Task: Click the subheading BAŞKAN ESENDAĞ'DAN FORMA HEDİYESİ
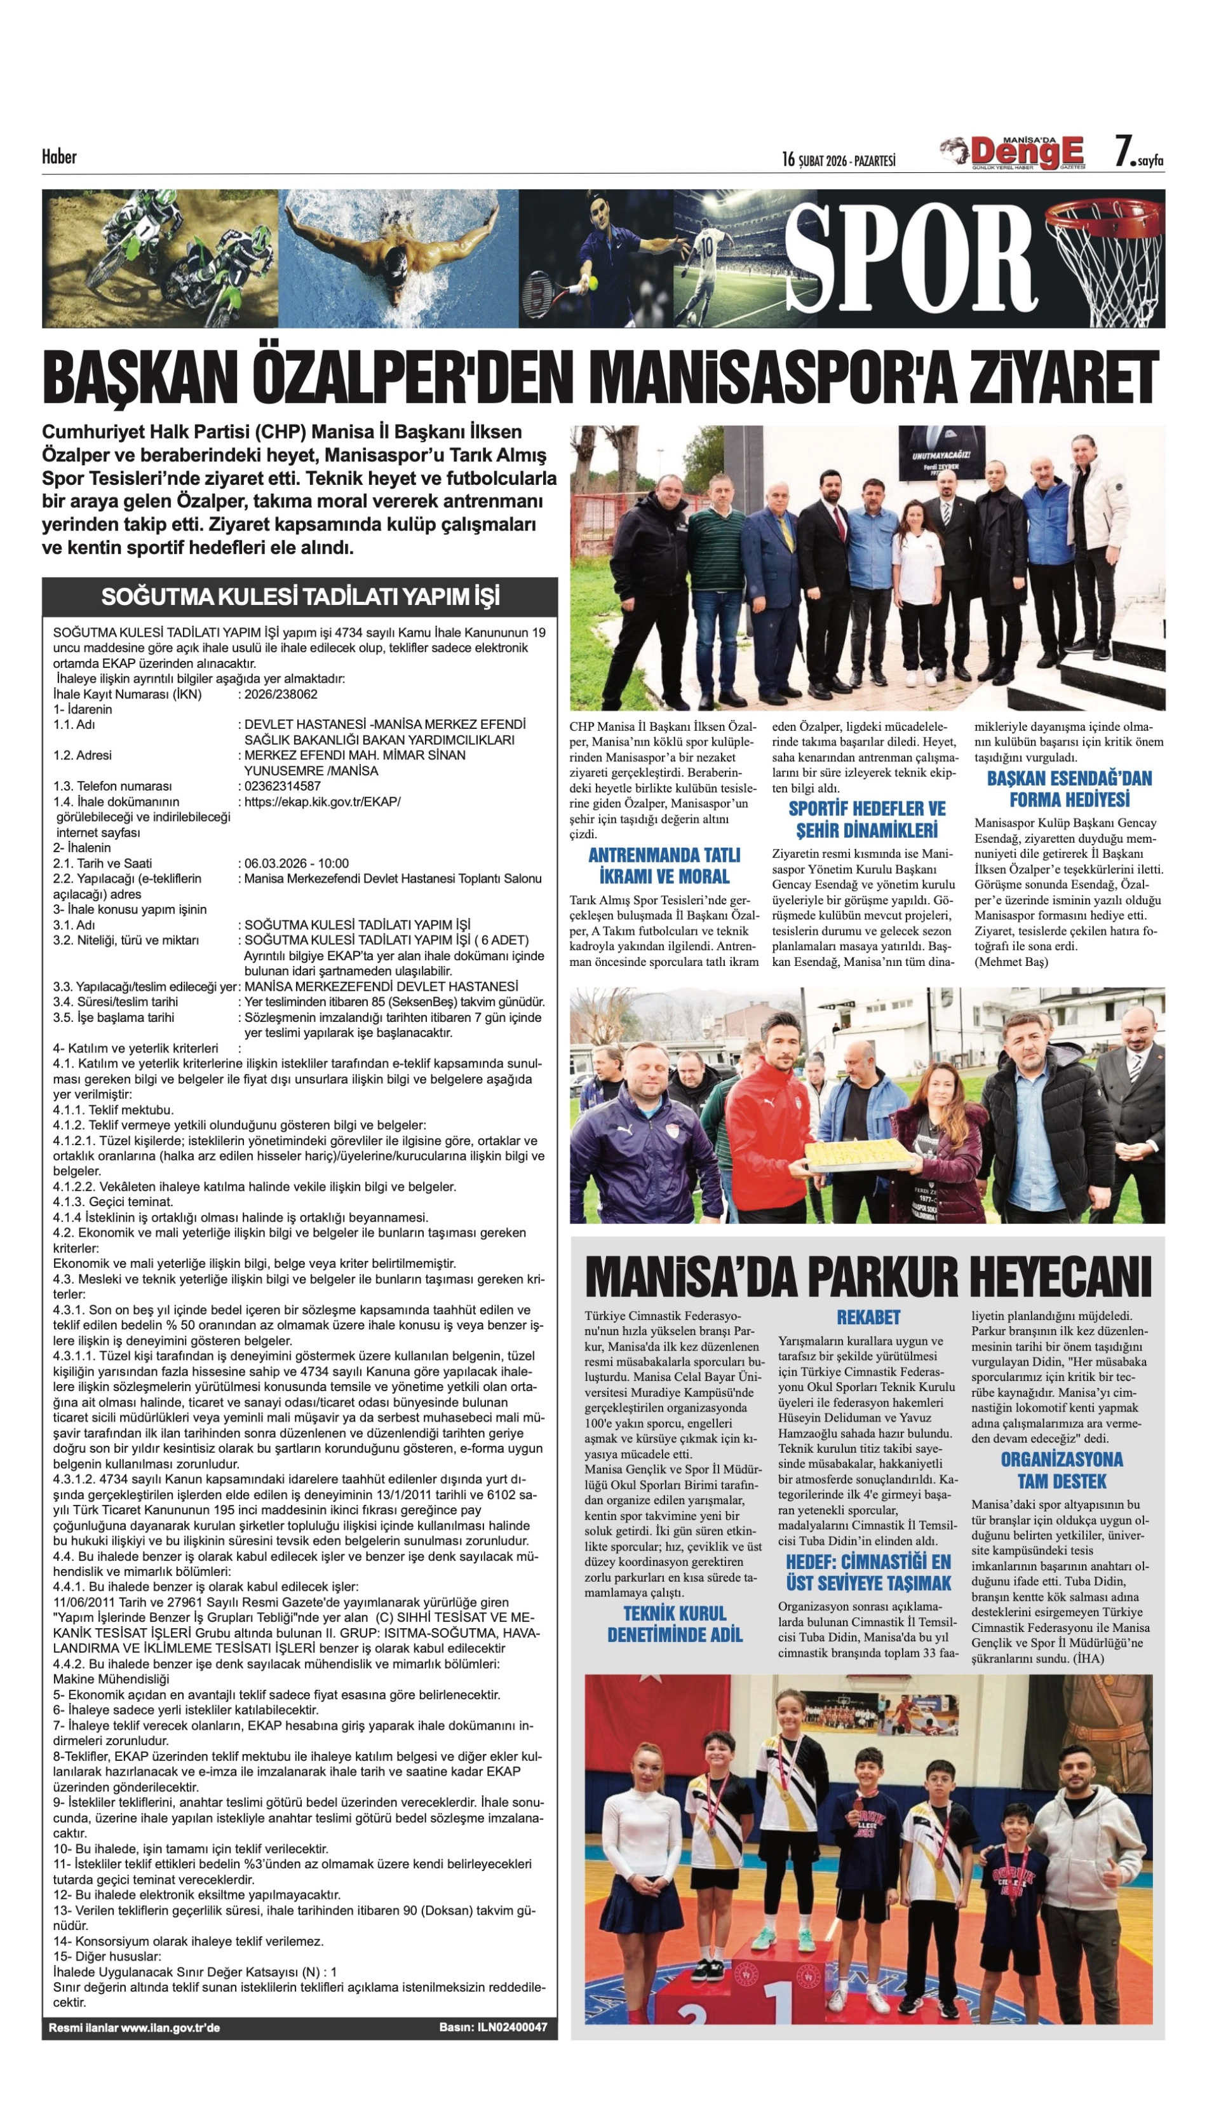(x=1069, y=789)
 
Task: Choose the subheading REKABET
(x=867, y=1317)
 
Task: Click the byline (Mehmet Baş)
(x=1011, y=962)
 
